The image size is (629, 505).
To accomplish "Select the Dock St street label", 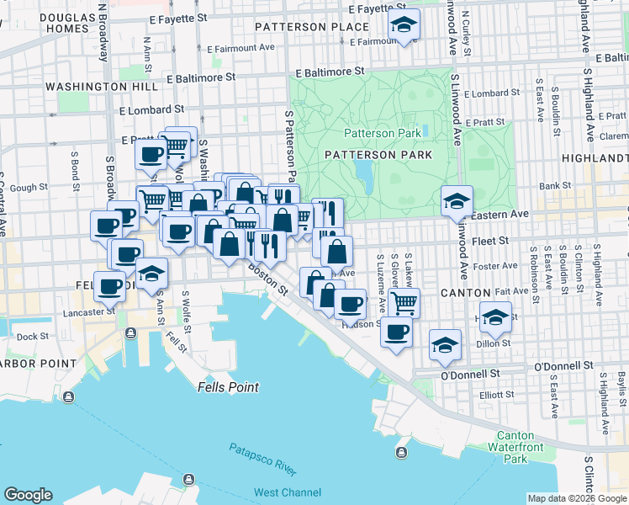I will [33, 337].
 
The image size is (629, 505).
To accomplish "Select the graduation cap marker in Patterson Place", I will [404, 27].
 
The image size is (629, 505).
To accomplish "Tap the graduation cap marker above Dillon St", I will [445, 343].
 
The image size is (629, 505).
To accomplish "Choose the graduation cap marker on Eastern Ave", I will [457, 200].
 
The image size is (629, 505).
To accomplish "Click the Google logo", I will [29, 495].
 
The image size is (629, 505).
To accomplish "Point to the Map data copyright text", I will [576, 498].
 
